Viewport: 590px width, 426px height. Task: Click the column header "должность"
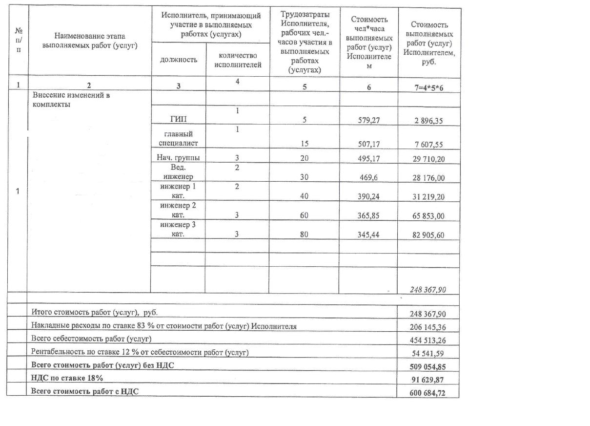(179, 60)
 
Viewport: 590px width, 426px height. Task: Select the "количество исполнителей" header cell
(237, 60)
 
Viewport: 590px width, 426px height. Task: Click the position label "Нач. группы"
(178, 158)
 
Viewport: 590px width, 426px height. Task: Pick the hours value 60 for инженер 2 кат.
(304, 215)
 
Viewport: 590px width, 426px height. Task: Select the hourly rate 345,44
(368, 234)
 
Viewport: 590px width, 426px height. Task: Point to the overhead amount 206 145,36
(428, 326)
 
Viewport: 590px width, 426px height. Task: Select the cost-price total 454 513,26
(428, 340)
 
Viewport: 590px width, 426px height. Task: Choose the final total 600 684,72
(428, 392)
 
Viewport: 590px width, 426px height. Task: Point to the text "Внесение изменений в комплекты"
(71, 100)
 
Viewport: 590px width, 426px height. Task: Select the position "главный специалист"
(178, 138)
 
